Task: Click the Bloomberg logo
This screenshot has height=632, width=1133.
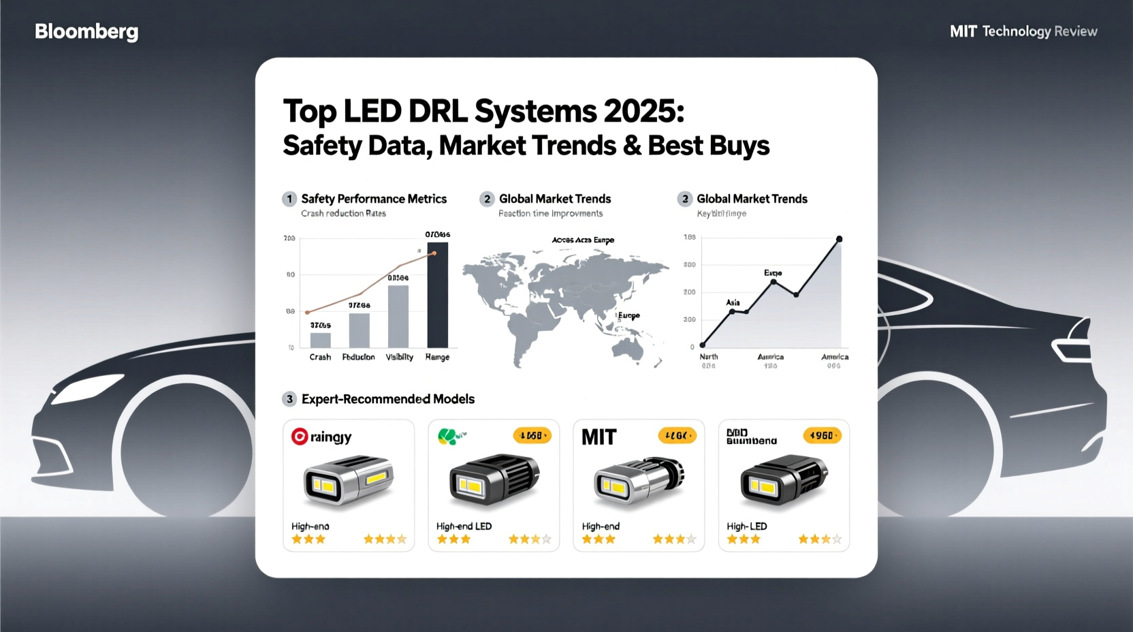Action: pos(86,31)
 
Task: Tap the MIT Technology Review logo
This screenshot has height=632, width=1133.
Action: pos(1023,31)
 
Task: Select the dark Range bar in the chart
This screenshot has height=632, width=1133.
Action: pos(437,295)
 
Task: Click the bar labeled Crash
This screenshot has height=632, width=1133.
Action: pos(320,340)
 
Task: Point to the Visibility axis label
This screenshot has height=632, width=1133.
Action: pos(400,357)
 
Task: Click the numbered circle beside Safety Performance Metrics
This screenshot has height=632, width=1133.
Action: pos(289,199)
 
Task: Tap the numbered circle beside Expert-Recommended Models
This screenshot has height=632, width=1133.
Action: pos(289,399)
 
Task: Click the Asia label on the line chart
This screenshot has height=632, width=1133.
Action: pos(733,302)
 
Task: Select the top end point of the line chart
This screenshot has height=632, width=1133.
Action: pos(839,239)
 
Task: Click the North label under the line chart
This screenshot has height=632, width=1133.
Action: pos(709,357)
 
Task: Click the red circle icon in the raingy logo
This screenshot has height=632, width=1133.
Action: pos(299,437)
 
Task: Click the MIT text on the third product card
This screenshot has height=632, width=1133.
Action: pos(599,437)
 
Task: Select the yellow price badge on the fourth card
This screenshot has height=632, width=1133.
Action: pos(822,435)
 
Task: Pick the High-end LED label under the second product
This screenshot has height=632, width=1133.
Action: pos(464,526)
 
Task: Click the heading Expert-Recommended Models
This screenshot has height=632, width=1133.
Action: pos(388,399)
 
